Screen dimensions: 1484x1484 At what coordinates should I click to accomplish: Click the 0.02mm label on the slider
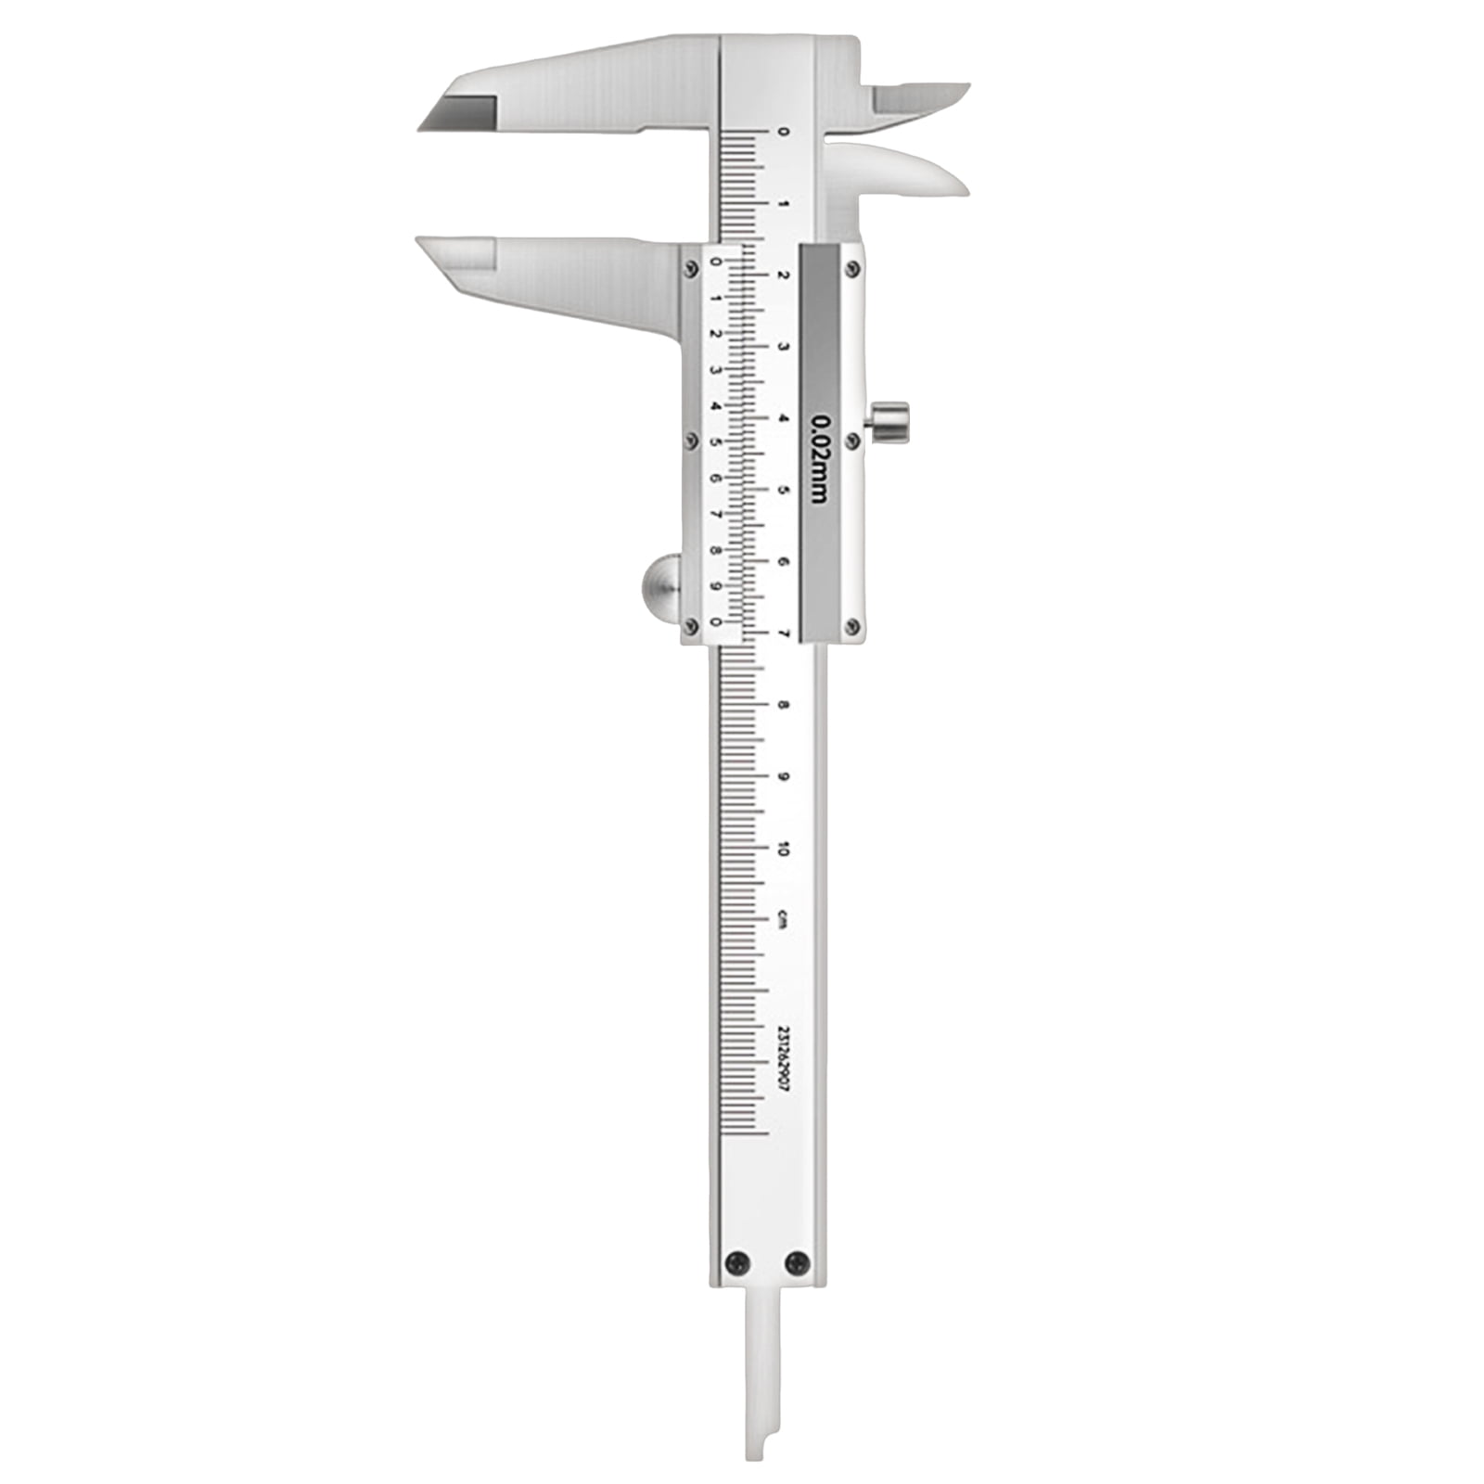point(819,456)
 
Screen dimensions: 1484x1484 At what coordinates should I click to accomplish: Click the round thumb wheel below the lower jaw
point(660,588)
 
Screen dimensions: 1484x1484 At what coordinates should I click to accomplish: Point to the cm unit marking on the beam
point(783,919)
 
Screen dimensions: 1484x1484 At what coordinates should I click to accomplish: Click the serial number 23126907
point(783,1062)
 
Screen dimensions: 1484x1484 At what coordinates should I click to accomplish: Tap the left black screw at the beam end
point(737,1261)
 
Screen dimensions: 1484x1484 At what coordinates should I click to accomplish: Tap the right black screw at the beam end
point(797,1261)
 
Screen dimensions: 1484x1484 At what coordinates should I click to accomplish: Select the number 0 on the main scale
point(783,132)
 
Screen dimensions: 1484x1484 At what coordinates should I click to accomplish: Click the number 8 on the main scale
point(783,705)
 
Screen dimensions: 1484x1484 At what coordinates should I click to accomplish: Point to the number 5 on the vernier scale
point(715,441)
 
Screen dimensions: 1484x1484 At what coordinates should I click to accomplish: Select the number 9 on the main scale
point(783,776)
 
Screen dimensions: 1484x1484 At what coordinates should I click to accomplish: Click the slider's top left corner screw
point(690,268)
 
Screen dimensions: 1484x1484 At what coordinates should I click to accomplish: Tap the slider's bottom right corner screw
point(852,627)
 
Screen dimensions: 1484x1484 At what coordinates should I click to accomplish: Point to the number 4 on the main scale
point(783,418)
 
